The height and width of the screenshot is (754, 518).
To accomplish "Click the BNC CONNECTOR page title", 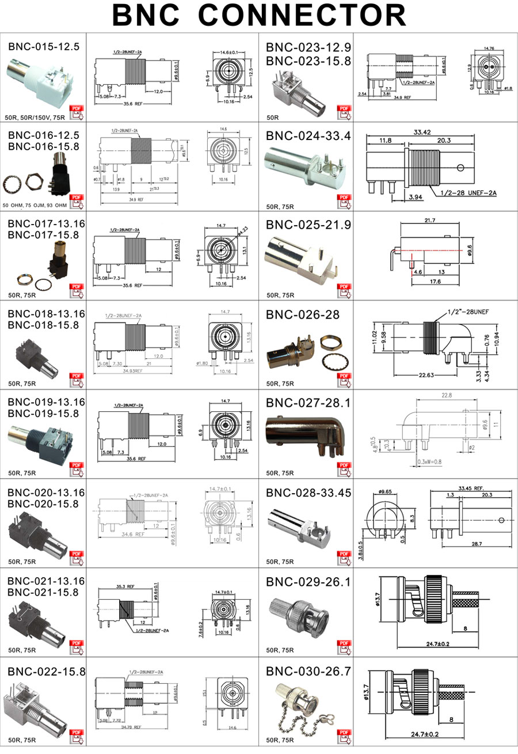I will click(x=259, y=16).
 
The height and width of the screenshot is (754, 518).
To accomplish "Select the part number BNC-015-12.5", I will click(x=44, y=47).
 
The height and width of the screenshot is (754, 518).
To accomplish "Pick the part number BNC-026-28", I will click(x=303, y=315).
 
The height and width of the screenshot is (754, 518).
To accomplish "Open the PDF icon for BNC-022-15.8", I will click(x=76, y=737).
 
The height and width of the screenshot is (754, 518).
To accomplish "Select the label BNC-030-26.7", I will click(x=308, y=672).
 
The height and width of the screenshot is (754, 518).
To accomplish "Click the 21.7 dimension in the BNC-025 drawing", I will click(x=430, y=221).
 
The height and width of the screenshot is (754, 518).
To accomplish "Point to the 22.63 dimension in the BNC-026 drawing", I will click(x=426, y=376).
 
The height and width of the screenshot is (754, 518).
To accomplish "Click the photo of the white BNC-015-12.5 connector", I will click(x=37, y=81).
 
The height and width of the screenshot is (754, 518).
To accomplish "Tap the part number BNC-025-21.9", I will click(x=308, y=225).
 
